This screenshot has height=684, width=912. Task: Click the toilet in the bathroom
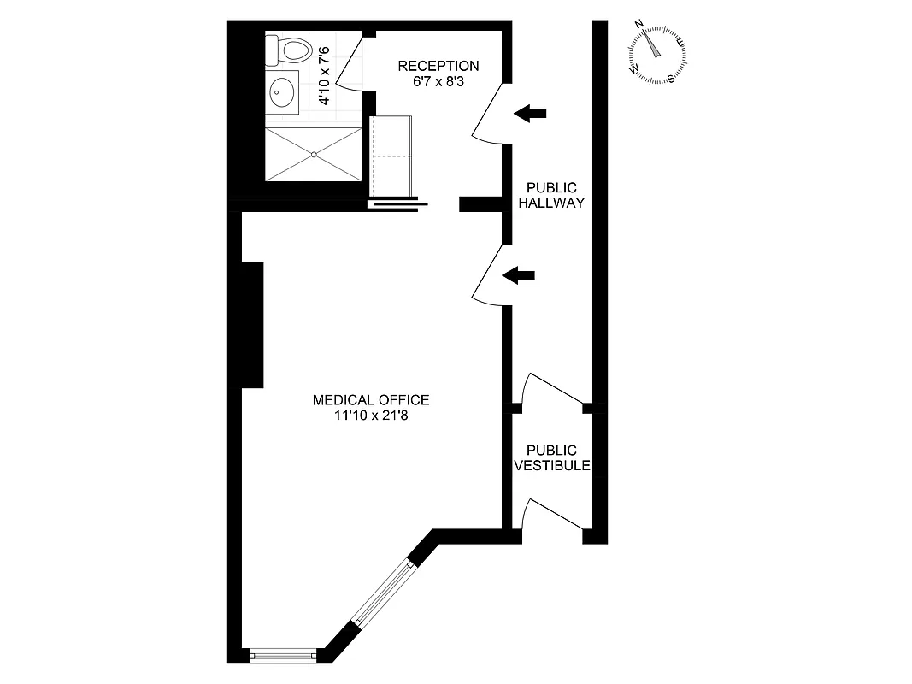coord(289,50)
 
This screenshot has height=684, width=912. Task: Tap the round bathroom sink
coord(282,92)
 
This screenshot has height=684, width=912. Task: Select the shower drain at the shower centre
coord(315,154)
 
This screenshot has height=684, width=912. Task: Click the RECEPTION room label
coord(438,66)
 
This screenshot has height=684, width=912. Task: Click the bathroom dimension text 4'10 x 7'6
coord(324,75)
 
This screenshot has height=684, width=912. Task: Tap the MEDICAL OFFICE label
coord(370,399)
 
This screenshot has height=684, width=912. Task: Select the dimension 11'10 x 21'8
coord(370,416)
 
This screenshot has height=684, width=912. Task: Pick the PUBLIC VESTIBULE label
coord(551,458)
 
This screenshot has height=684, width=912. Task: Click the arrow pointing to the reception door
coord(530,112)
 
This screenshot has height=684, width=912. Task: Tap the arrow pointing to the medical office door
coord(518,274)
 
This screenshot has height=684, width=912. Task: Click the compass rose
coord(657,52)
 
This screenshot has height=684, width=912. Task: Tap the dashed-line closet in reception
coord(391,156)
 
